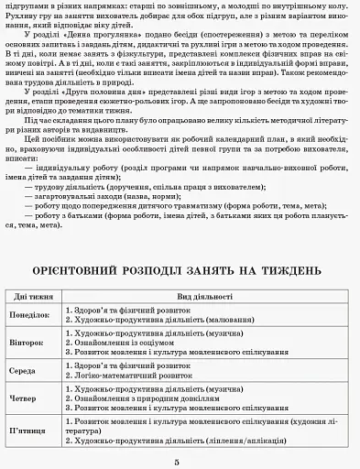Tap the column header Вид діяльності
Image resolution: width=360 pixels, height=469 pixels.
pyautogui.click(x=203, y=297)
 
